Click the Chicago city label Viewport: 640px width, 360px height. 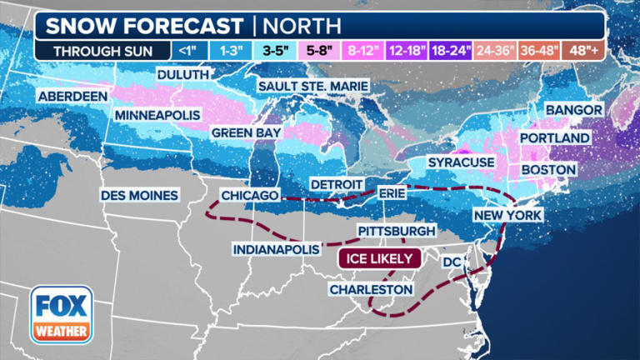pyautogui.click(x=249, y=195)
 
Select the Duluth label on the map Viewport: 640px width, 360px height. pyautogui.click(x=182, y=75)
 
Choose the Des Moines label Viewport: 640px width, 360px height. pyautogui.click(x=140, y=195)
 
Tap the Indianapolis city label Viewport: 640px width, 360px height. pyautogui.click(x=276, y=249)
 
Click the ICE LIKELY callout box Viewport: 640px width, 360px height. pyautogui.click(x=376, y=258)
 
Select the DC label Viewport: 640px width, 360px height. pyautogui.click(x=452, y=262)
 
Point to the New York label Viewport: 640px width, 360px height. pyautogui.click(x=507, y=216)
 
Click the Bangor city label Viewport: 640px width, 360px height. pyautogui.click(x=572, y=110)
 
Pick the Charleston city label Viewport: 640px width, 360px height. pyautogui.click(x=370, y=289)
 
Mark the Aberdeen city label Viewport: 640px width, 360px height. pyautogui.click(x=72, y=96)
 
